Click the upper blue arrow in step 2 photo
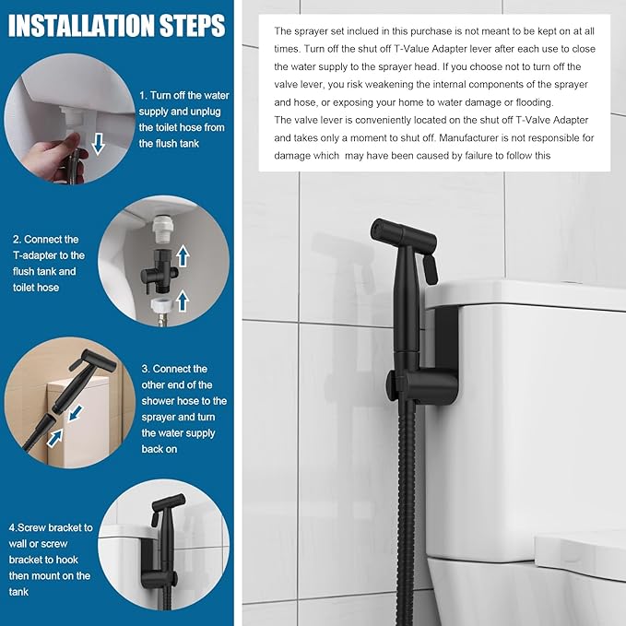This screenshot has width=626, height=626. click(x=183, y=254)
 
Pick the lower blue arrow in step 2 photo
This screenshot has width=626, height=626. click(x=183, y=299)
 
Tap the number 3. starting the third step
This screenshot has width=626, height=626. click(x=146, y=369)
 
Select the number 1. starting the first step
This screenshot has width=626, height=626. click(x=144, y=95)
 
